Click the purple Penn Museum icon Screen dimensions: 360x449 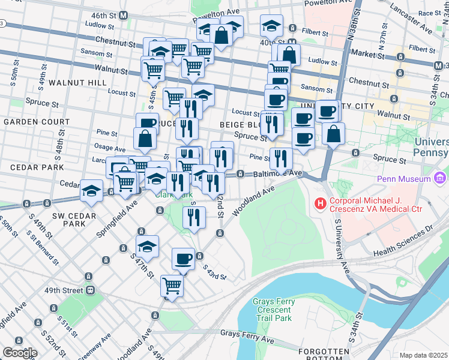(441, 179)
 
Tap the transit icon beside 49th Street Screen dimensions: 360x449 (90, 290)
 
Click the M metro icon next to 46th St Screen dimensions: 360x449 (124, 14)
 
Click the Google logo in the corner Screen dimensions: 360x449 (19, 353)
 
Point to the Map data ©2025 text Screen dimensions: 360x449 (424, 355)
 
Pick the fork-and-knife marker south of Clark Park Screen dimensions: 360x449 (193, 218)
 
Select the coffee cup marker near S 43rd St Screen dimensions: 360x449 (184, 259)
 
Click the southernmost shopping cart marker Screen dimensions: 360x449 (172, 286)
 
